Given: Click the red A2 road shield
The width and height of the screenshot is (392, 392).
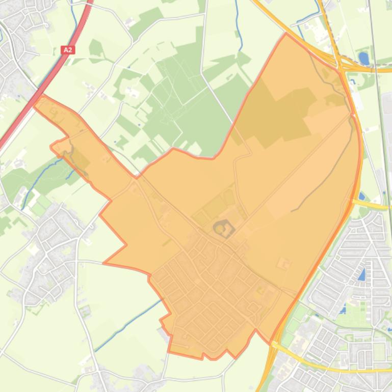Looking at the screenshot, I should coord(67,50).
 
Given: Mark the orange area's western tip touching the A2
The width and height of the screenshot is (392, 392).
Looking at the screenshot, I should coord(36,99).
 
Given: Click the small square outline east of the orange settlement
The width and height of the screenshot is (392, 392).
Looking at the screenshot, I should coord(283,264).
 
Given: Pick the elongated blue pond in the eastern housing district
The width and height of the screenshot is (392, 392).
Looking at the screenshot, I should coord(362,275).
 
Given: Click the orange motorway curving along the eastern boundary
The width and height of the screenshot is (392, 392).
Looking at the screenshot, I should coord(352,204).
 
